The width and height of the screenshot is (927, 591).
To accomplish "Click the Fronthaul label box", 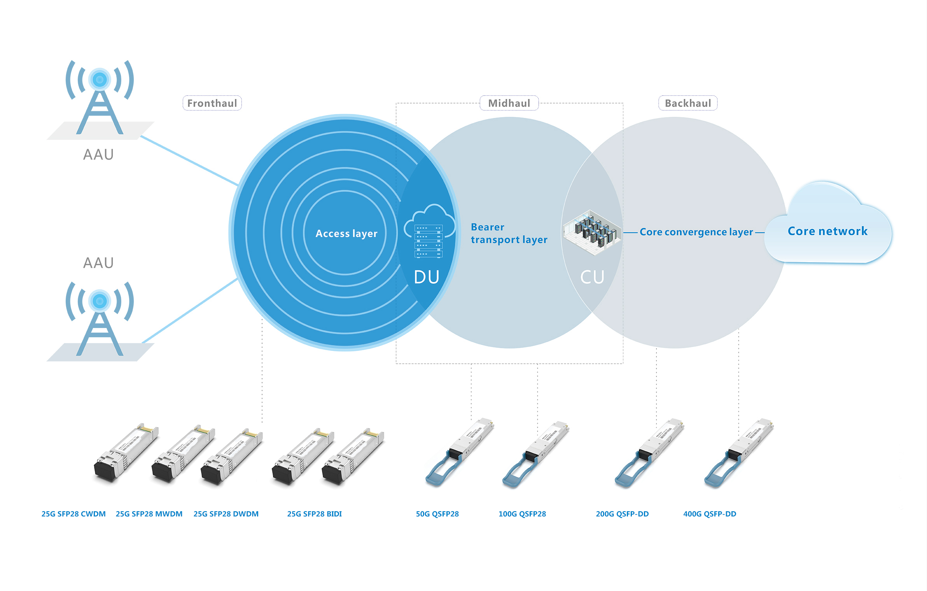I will [212, 103].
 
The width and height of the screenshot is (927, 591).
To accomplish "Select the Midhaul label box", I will [509, 103].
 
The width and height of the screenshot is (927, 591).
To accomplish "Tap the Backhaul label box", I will [687, 103].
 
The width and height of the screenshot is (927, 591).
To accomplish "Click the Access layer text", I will [346, 233].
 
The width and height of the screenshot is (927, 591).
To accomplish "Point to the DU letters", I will [427, 277].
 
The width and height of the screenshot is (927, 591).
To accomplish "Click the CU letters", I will [592, 277].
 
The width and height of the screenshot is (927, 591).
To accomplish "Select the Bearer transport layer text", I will [509, 233].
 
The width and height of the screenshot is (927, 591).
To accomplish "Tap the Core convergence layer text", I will [696, 232].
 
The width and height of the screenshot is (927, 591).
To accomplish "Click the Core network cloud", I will [827, 231].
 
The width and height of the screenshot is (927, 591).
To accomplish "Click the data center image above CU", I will [592, 232].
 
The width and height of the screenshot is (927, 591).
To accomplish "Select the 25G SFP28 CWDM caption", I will [73, 514].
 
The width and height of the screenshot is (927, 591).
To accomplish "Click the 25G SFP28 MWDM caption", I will [149, 514].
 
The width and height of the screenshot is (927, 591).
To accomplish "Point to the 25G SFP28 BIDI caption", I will [314, 514].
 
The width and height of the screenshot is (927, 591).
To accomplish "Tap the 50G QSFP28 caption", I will [437, 514].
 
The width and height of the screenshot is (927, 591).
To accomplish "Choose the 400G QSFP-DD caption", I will [710, 514].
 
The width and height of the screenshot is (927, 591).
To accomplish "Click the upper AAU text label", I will [98, 155].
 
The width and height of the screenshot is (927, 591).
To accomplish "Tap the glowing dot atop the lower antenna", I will [100, 301].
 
